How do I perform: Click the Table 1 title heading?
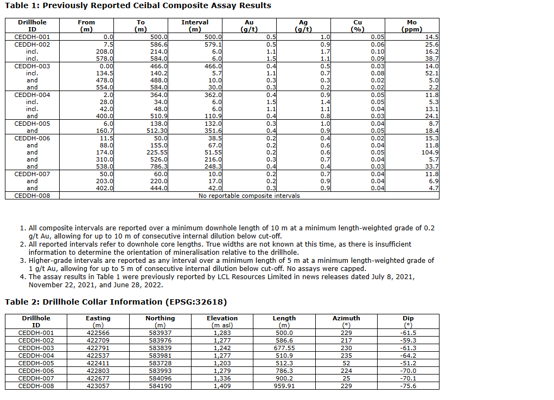point(138,5)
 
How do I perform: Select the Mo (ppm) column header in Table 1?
point(412,26)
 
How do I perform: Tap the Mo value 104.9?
point(429,152)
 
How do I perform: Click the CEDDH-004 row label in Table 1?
point(32,95)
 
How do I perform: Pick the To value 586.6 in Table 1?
point(159,44)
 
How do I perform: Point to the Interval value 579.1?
point(212,44)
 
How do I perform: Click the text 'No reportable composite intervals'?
point(249,196)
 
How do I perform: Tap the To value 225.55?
point(157,152)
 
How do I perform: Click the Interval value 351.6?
point(212,131)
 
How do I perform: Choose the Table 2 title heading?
point(116,302)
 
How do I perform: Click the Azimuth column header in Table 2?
point(346,318)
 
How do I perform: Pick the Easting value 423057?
point(98,386)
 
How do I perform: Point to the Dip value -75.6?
point(408,386)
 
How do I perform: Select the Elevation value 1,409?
point(222,386)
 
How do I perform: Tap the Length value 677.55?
point(284,348)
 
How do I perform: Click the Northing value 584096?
point(160,378)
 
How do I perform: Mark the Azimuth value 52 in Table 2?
point(346,363)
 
